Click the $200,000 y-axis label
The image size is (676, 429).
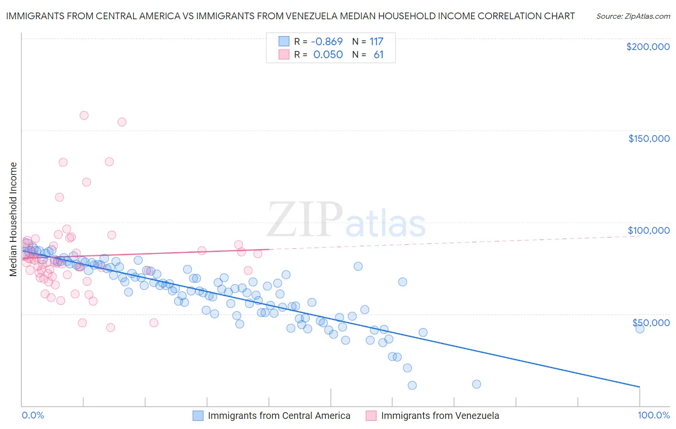(x=648, y=47)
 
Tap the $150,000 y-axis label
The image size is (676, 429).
(x=649, y=139)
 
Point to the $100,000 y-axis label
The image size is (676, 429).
(x=649, y=230)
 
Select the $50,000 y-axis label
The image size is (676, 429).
(x=651, y=322)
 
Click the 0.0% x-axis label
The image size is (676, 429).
(x=33, y=415)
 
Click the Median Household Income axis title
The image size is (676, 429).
(x=13, y=219)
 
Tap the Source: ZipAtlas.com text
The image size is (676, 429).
(x=633, y=16)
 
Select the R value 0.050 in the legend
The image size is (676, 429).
(x=328, y=54)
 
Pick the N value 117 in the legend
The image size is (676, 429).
(x=376, y=41)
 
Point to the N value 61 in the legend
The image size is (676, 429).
(x=378, y=54)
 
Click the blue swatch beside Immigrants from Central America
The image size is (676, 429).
(x=198, y=416)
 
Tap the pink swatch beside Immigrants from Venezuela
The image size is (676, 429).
(x=371, y=416)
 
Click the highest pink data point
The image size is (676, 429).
(x=84, y=115)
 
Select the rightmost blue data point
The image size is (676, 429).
(x=639, y=328)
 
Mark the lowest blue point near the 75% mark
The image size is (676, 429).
(x=476, y=384)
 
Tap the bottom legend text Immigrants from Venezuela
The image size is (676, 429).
(x=440, y=416)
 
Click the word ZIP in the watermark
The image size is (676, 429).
(x=305, y=220)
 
